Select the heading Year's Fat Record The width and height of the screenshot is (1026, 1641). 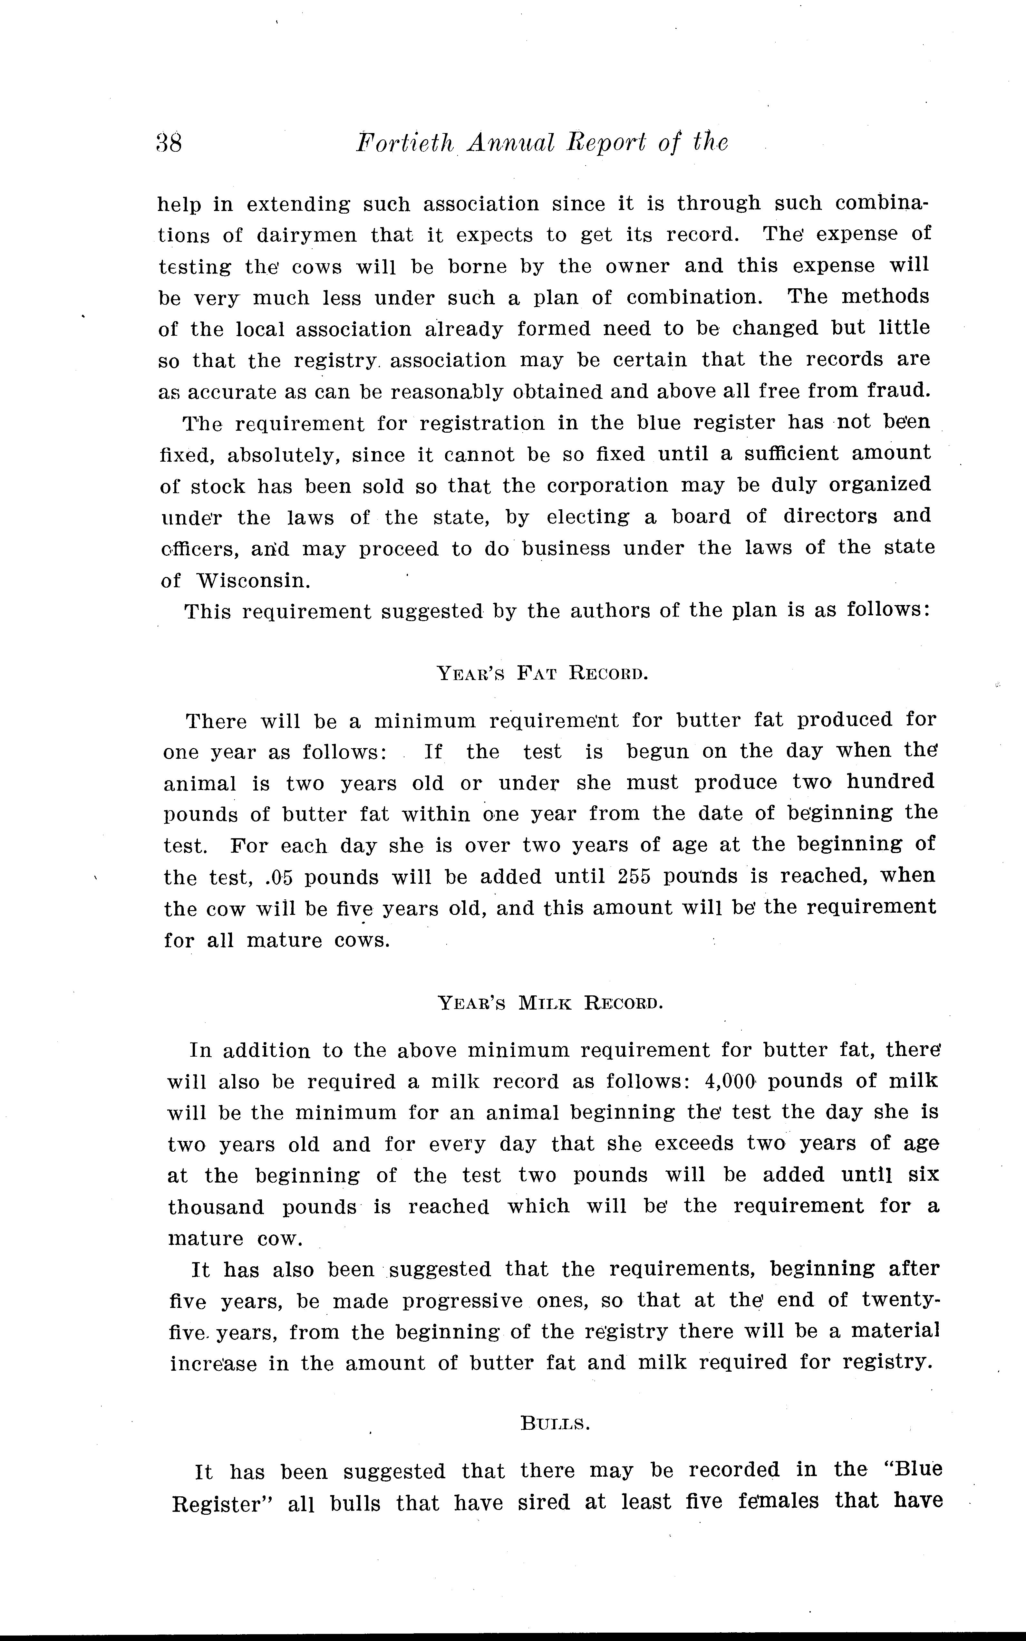(x=542, y=674)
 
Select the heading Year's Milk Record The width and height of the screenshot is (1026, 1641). (x=550, y=1003)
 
